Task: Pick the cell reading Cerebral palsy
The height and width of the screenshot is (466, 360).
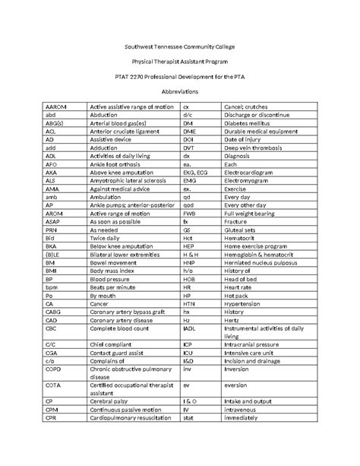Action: point(109,400)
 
